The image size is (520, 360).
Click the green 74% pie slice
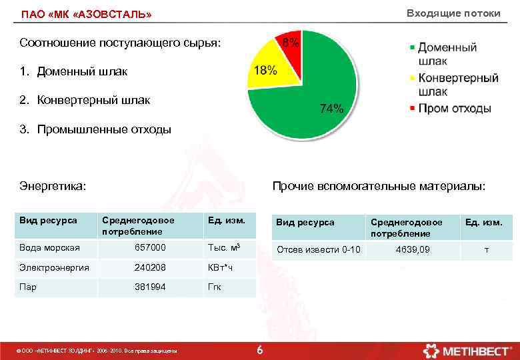click(x=313, y=93)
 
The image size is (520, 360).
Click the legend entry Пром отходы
click(x=454, y=108)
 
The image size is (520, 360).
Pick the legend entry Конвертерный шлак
click(x=457, y=85)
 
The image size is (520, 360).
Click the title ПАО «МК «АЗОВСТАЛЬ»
click(x=86, y=14)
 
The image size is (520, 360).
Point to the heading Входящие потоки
click(x=453, y=13)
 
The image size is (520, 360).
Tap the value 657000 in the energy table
click(x=150, y=247)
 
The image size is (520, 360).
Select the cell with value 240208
click(x=150, y=267)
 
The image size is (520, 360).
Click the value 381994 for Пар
click(x=150, y=287)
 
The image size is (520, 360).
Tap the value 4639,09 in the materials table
click(x=413, y=249)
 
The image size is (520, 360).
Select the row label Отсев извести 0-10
click(x=318, y=249)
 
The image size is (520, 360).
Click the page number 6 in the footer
click(x=260, y=350)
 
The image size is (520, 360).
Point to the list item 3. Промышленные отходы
click(x=95, y=129)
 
